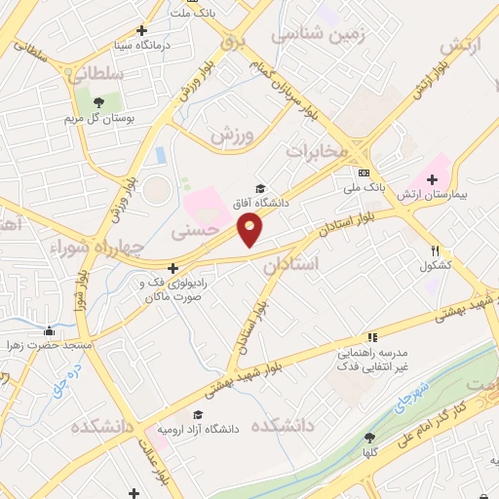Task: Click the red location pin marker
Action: click(x=249, y=230)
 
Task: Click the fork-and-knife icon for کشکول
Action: click(x=435, y=250)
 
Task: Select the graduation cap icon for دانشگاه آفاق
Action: click(x=259, y=188)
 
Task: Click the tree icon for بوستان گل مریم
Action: click(x=97, y=100)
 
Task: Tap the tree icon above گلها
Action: click(x=368, y=438)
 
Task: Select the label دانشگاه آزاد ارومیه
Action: click(x=199, y=430)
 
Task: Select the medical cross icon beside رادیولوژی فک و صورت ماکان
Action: click(x=173, y=268)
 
